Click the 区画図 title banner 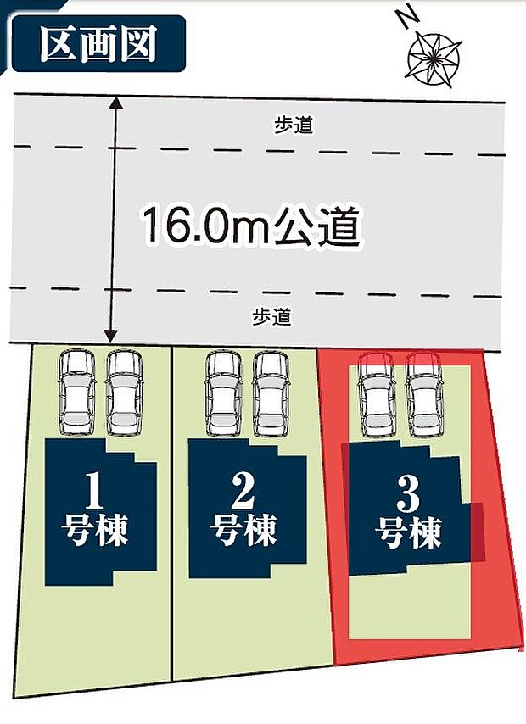[x=98, y=45]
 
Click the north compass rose [x=434, y=58]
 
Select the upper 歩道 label [x=294, y=125]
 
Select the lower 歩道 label [x=271, y=317]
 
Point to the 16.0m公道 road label [x=251, y=226]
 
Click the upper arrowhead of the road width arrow [x=116, y=104]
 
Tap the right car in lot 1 [x=124, y=391]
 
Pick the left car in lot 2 [x=224, y=393]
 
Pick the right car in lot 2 [x=271, y=393]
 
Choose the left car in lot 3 [x=376, y=393]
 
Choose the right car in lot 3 [x=423, y=393]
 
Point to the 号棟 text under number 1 [x=95, y=532]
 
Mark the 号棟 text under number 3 [x=409, y=534]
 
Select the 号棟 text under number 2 [x=243, y=532]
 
